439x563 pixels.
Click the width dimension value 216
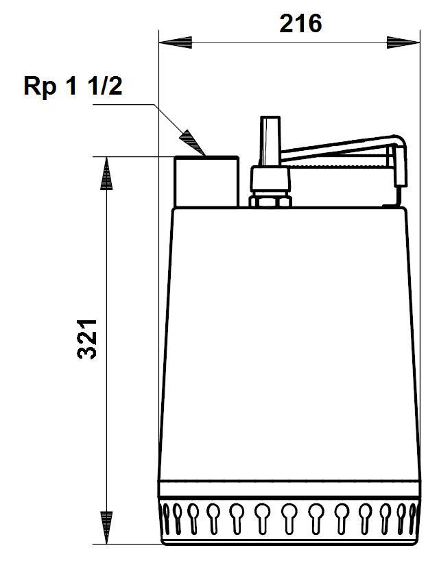pos(300,23)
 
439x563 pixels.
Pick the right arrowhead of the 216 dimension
pos(403,43)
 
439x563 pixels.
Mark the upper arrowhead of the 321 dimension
pos(106,173)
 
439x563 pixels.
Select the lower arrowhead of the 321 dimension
pos(106,529)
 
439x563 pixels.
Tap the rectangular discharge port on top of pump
pos(205,182)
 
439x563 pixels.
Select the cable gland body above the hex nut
pos(270,180)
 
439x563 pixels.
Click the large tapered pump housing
pos(288,343)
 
